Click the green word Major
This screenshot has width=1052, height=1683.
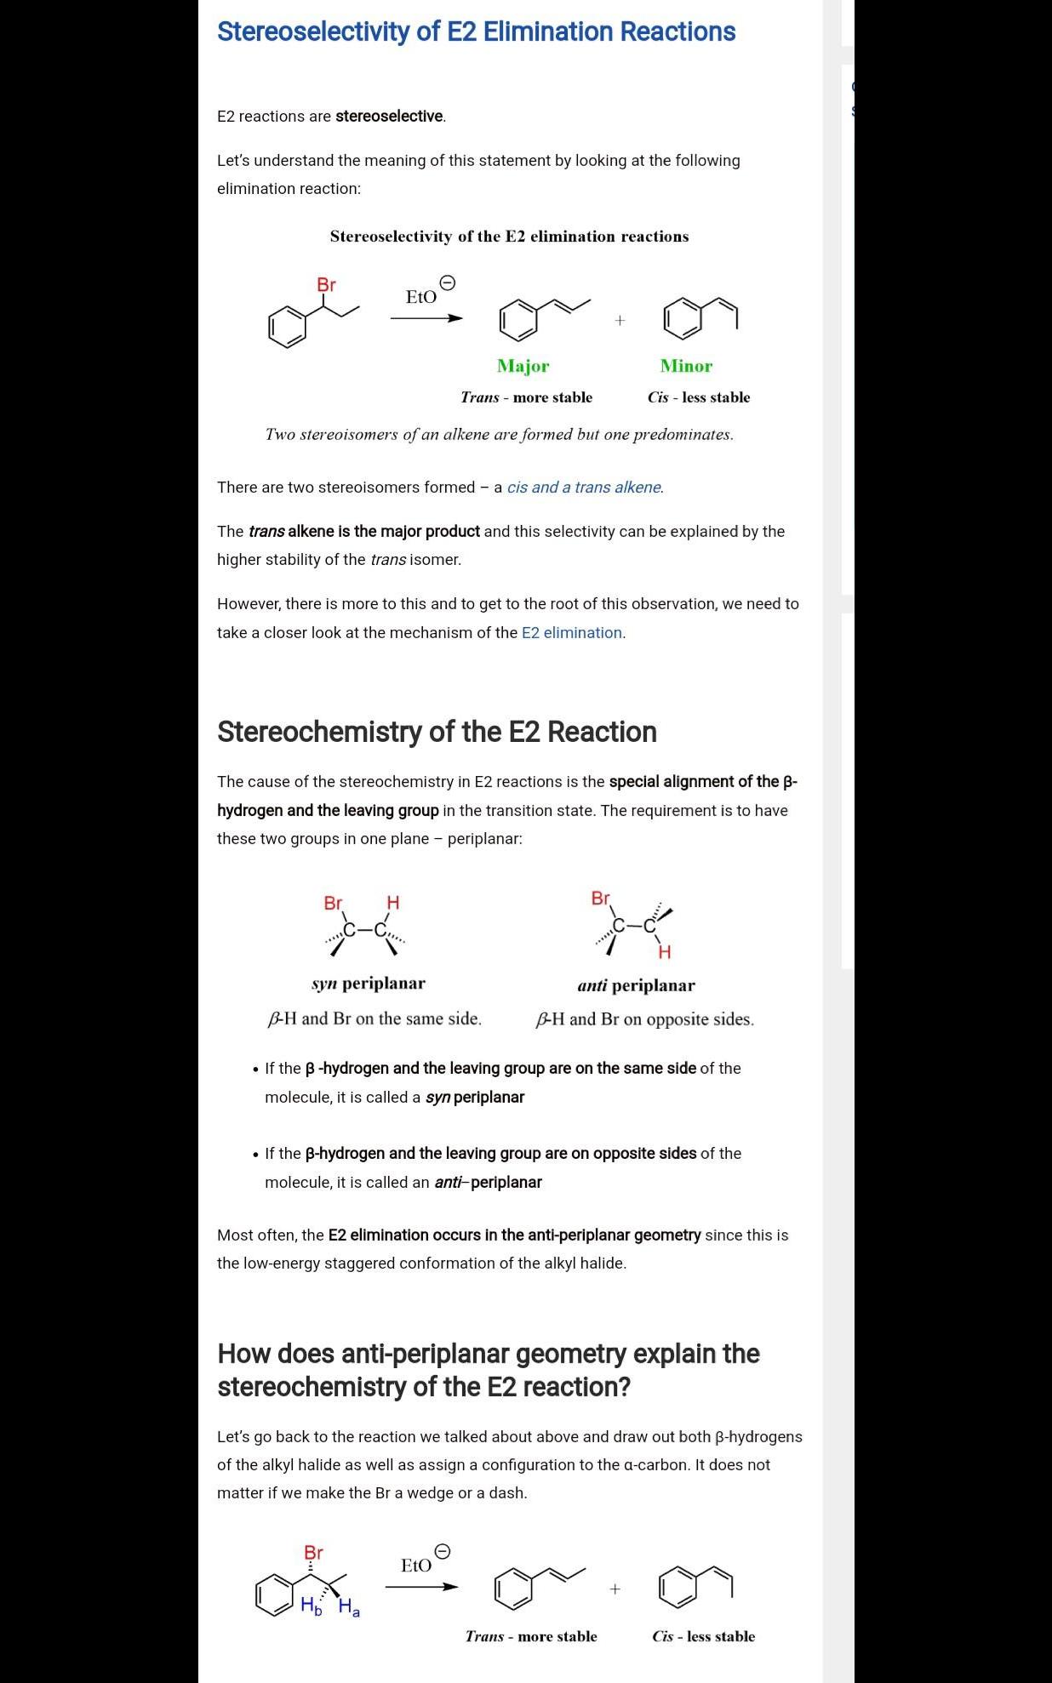pyautogui.click(x=523, y=366)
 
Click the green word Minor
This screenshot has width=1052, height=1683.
pyautogui.click(x=686, y=366)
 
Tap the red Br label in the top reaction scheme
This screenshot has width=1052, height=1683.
pyautogui.click(x=326, y=285)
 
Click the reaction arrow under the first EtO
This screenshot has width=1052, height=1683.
pyautogui.click(x=426, y=319)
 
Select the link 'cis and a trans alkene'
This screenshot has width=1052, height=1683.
pyautogui.click(x=584, y=488)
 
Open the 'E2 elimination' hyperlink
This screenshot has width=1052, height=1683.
pyautogui.click(x=572, y=633)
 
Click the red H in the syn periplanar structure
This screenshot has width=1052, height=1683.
pyautogui.click(x=392, y=902)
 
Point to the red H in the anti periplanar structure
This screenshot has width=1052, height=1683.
pyautogui.click(x=664, y=952)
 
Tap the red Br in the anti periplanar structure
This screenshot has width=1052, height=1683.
pyautogui.click(x=600, y=899)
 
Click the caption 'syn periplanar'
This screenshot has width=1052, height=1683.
pyautogui.click(x=369, y=984)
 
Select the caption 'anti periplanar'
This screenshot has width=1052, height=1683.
pyautogui.click(x=636, y=986)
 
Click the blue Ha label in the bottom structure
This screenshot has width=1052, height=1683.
pyautogui.click(x=349, y=1607)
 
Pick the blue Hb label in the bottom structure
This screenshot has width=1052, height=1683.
pyautogui.click(x=312, y=1606)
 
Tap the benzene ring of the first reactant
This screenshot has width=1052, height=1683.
pyautogui.click(x=287, y=328)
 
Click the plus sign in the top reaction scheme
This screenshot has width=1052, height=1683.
pyautogui.click(x=620, y=320)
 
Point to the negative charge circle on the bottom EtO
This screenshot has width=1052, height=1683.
pyautogui.click(x=443, y=1551)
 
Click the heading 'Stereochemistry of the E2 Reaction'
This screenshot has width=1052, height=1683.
pyautogui.click(x=437, y=732)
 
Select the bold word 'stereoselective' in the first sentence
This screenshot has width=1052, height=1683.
pyautogui.click(x=389, y=117)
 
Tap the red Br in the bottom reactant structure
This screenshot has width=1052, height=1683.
pyautogui.click(x=313, y=1553)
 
